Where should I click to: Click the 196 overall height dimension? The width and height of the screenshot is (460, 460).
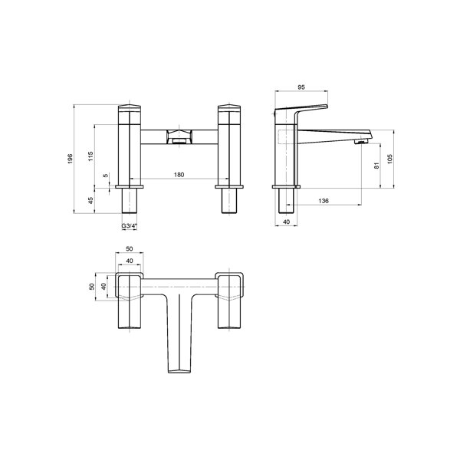coord(70,159)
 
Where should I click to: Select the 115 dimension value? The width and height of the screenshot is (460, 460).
coord(90,156)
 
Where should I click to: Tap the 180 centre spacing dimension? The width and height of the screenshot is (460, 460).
coord(179,175)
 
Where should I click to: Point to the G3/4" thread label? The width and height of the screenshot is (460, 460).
coord(130,226)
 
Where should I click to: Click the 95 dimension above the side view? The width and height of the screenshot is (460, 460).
coord(301,87)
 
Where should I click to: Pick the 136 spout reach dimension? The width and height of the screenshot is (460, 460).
coord(324,201)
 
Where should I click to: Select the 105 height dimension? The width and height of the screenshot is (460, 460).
coord(390,159)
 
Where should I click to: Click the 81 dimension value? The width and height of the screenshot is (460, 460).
coord(376,166)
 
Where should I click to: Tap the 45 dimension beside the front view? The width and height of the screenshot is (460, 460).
coord(90,200)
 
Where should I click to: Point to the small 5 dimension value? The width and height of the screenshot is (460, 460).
coord(106,176)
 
